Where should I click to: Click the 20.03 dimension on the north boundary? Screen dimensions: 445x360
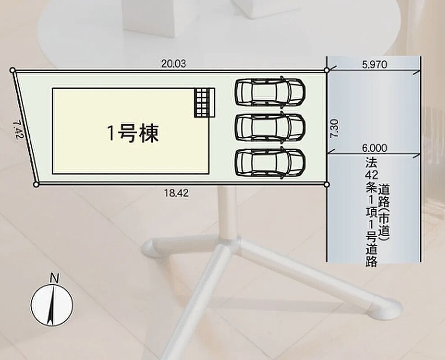[173, 63]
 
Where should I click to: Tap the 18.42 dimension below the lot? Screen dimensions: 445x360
[176, 193]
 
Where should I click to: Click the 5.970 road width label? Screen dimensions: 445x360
[375, 65]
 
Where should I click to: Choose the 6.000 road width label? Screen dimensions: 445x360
[374, 148]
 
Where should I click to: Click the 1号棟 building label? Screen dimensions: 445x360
[133, 133]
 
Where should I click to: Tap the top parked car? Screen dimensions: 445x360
[270, 92]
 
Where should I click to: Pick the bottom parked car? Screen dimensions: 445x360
[270, 163]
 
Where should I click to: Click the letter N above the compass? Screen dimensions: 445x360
[54, 278]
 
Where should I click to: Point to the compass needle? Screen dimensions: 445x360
[51, 305]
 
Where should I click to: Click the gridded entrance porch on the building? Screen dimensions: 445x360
[204, 103]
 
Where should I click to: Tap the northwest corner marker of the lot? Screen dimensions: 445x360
[12, 70]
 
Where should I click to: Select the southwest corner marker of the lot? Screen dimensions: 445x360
[36, 185]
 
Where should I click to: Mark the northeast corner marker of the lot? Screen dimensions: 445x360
[327, 70]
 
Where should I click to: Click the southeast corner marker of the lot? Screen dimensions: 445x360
[327, 185]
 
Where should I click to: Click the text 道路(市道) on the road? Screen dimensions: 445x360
[384, 211]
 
